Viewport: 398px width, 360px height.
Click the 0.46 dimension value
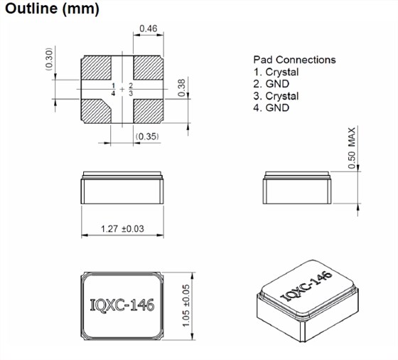point(148,29)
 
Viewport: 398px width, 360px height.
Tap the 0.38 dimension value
point(182,88)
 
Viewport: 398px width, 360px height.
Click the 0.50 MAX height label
point(351,148)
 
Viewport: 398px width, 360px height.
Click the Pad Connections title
point(294,60)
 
